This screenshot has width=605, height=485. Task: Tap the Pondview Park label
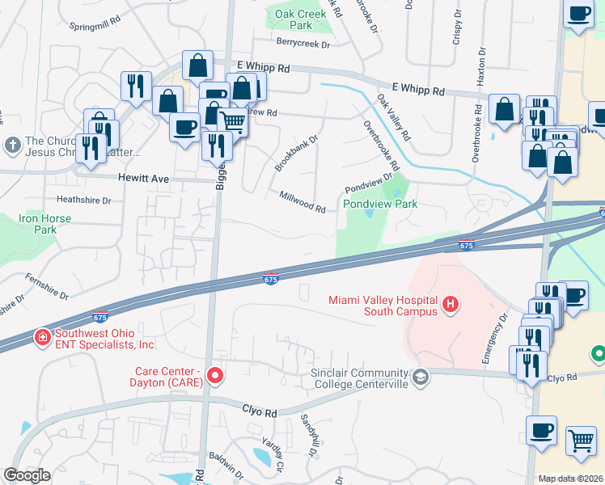(380, 204)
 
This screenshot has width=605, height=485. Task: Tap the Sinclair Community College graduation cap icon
(421, 377)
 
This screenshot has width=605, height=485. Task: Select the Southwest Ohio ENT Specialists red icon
(40, 336)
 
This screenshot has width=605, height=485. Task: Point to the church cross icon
(12, 146)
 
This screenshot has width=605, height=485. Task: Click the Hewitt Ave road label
(142, 177)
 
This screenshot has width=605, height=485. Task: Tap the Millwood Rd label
(302, 202)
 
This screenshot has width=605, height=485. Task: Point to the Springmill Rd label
(96, 25)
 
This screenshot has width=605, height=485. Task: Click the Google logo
(27, 475)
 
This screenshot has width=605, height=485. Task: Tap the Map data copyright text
(570, 479)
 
